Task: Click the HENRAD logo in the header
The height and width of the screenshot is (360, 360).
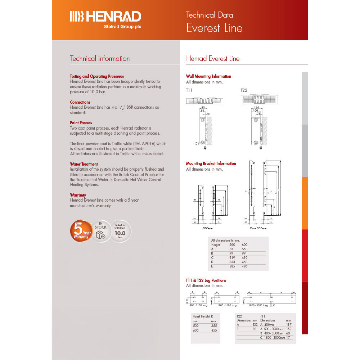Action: tap(105, 17)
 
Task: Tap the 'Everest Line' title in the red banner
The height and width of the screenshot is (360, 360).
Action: tap(214, 28)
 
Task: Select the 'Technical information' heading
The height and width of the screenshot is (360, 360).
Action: tap(100, 59)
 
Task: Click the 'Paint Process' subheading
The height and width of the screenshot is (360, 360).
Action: tap(81, 123)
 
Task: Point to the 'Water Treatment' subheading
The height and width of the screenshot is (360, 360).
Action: tap(84, 164)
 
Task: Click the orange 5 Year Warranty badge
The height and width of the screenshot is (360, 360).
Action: tap(81, 231)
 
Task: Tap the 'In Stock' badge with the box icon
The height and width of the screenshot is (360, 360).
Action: tap(100, 231)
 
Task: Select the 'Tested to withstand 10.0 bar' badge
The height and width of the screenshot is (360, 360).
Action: tap(120, 231)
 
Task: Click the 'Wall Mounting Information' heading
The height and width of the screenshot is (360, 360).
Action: tap(208, 76)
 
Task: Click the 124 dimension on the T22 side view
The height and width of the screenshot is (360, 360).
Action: tap(256, 107)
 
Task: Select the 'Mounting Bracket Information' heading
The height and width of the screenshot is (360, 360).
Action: tap(211, 163)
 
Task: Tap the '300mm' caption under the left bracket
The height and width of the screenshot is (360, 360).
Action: tap(208, 228)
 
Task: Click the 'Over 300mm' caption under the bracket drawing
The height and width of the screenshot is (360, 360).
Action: tap(258, 228)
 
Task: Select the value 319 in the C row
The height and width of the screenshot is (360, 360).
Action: tap(232, 258)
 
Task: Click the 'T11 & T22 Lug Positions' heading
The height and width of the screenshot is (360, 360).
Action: tap(206, 280)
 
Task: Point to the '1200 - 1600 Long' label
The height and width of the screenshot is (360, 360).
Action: tap(227, 305)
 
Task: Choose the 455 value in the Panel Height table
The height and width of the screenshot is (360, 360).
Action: tap(213, 330)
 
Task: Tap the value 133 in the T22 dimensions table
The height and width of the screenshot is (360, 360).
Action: tap(255, 324)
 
